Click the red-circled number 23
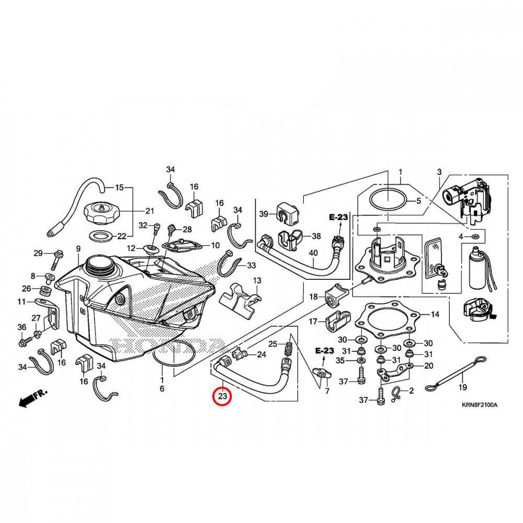pyautogui.click(x=223, y=396)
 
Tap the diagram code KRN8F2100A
pyautogui.click(x=480, y=405)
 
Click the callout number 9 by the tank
pyautogui.click(x=78, y=248)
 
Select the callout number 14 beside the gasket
pyautogui.click(x=435, y=315)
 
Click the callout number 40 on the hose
pyautogui.click(x=313, y=253)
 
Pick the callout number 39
pyautogui.click(x=264, y=214)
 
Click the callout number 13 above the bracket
pyautogui.click(x=257, y=281)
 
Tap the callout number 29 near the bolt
pyautogui.click(x=38, y=253)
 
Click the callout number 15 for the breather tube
pyautogui.click(x=119, y=187)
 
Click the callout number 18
pyautogui.click(x=313, y=297)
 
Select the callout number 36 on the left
pyautogui.click(x=21, y=327)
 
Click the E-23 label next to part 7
pyautogui.click(x=324, y=349)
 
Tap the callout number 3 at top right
pyautogui.click(x=439, y=172)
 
